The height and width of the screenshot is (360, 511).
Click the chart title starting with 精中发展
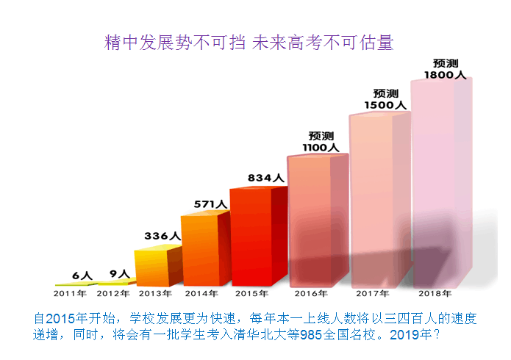[x=249, y=43]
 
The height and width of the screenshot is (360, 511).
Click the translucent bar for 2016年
[x=316, y=220]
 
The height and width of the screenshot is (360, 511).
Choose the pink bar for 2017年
[x=379, y=198]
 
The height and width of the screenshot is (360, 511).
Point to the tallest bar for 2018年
[x=440, y=180]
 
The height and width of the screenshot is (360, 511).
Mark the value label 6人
[x=82, y=276]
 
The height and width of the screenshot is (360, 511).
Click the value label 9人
[x=120, y=274]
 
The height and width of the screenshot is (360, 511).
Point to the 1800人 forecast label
[x=445, y=74]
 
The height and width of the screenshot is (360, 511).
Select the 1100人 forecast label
[x=321, y=147]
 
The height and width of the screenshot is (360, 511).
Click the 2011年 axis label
[x=70, y=294]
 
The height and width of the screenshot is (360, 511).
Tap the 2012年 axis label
[x=113, y=294]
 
